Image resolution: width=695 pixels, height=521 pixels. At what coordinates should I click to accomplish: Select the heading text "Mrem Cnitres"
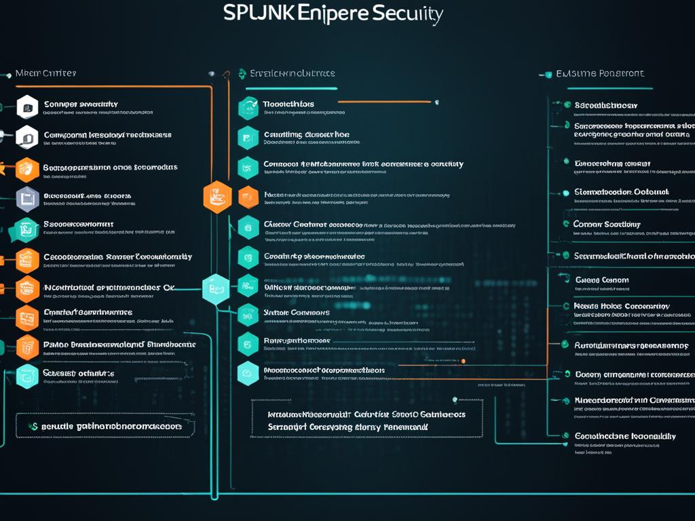pyautogui.click(x=45, y=73)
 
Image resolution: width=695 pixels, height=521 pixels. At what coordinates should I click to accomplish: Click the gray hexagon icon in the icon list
pyautogui.click(x=26, y=198)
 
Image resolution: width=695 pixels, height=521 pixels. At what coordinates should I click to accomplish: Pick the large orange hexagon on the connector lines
pyautogui.click(x=217, y=197)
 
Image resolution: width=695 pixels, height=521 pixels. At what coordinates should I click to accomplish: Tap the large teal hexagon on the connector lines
pyautogui.click(x=217, y=290)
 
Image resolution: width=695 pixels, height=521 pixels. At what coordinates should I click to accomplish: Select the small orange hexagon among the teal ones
pyautogui.click(x=248, y=197)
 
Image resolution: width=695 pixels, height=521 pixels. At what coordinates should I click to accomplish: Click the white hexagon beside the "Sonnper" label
pyautogui.click(x=26, y=106)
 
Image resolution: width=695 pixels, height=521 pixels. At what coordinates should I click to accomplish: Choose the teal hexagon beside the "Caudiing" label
pyautogui.click(x=248, y=137)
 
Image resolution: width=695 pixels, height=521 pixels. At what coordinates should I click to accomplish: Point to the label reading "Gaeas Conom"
pyautogui.click(x=601, y=279)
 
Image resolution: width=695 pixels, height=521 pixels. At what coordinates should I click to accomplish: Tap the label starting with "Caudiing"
pyautogui.click(x=306, y=134)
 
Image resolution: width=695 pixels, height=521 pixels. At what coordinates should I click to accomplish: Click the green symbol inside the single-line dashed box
pyautogui.click(x=32, y=426)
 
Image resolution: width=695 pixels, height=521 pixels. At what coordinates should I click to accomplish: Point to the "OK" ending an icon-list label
pyautogui.click(x=168, y=288)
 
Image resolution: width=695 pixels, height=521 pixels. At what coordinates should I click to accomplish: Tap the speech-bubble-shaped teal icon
pyautogui.click(x=27, y=229)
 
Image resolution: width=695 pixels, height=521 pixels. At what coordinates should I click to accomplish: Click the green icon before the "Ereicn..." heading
pyautogui.click(x=242, y=73)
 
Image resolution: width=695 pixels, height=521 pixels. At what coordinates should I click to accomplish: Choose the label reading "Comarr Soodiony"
pyautogui.click(x=607, y=224)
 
